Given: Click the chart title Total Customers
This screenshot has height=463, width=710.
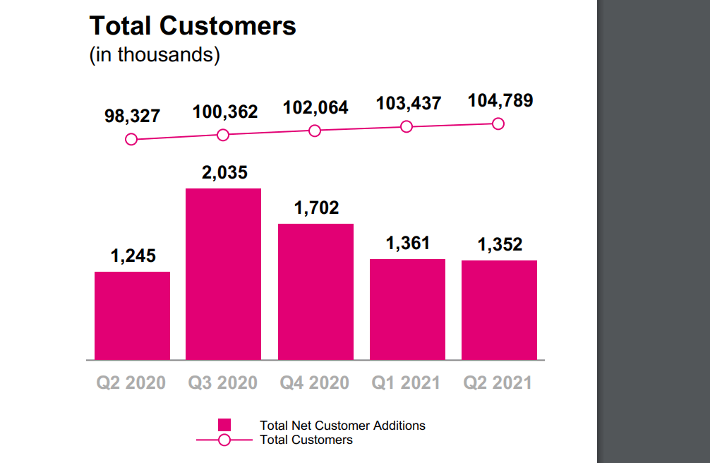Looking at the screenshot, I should (x=193, y=26).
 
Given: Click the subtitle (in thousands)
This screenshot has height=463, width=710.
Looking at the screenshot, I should (x=155, y=55).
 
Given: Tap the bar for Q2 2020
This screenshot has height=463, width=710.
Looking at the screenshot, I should (x=132, y=315).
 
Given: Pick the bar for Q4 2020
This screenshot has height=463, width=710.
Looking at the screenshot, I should (x=315, y=291).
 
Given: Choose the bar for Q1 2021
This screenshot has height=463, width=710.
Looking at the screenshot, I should (x=407, y=309).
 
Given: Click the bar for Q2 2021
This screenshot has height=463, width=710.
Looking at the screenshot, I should (x=499, y=310).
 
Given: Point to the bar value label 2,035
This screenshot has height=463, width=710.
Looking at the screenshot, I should (x=224, y=172).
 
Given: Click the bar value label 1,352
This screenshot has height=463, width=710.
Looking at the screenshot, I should (x=500, y=244).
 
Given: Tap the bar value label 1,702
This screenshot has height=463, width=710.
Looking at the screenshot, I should (x=316, y=208).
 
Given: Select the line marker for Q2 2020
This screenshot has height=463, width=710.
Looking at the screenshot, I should (x=131, y=140).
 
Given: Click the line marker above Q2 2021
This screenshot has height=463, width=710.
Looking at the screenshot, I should (x=498, y=124).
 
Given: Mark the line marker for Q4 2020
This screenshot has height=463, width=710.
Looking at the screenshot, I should (x=315, y=131).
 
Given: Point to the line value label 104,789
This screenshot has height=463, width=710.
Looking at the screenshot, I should (x=500, y=100).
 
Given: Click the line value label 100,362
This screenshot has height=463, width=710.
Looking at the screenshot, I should (x=225, y=112).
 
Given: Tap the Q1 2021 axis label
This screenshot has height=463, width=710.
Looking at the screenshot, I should (x=406, y=383).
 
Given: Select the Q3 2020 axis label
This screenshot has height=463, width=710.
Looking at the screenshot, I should (x=222, y=383).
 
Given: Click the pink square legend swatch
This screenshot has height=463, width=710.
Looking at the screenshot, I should (x=224, y=425).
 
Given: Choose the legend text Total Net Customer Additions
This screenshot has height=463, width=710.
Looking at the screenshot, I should (x=342, y=425).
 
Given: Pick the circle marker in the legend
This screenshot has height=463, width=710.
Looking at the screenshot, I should (x=224, y=440).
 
